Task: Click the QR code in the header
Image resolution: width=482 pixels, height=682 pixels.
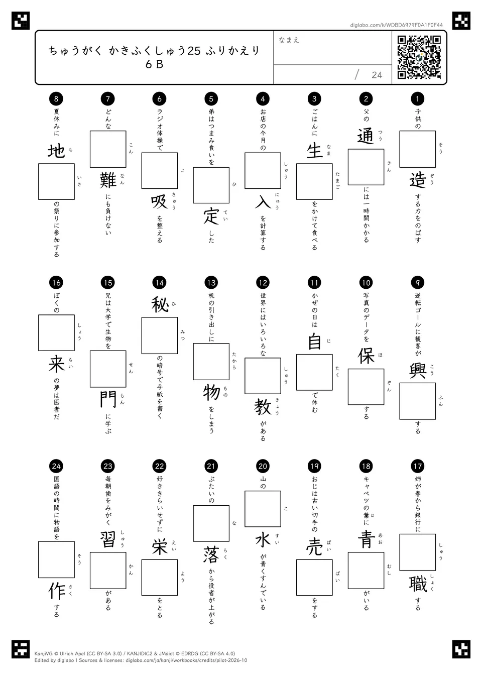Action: (419, 57)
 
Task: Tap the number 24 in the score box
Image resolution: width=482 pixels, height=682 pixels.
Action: (377, 75)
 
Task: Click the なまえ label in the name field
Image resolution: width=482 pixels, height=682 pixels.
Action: (289, 40)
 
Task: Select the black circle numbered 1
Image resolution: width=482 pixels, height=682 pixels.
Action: (418, 98)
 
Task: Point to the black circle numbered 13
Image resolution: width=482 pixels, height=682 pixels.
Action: (211, 283)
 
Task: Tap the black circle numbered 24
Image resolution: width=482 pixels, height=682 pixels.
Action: (56, 467)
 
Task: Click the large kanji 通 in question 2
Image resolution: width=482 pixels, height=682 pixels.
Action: (366, 136)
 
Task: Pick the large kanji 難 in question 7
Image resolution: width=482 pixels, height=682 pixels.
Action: (108, 180)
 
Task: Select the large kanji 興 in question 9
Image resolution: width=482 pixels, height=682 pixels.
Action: (418, 370)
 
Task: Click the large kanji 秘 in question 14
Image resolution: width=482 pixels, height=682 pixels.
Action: (160, 305)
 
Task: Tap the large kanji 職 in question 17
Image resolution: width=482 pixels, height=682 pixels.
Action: (418, 584)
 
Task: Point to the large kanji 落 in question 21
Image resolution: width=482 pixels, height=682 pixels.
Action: (211, 554)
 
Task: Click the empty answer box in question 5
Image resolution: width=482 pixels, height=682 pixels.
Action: (211, 185)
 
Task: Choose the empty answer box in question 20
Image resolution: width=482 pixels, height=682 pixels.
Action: (263, 509)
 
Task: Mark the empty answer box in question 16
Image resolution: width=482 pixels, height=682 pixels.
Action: (56, 333)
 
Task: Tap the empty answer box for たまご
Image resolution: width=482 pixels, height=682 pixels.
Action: (314, 182)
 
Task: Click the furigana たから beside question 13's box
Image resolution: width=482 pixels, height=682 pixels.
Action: (234, 361)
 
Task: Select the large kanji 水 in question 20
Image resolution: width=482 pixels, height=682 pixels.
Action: (263, 540)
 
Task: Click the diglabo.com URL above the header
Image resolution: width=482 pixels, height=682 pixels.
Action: (396, 25)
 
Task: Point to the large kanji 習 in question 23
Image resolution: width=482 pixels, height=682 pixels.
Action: (108, 540)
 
